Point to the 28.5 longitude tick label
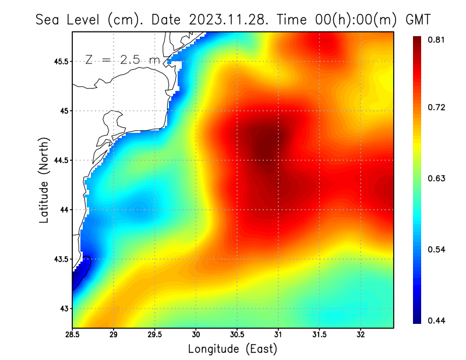[73, 334]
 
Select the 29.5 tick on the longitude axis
[155, 334]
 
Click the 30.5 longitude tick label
[237, 334]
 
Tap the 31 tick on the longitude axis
[278, 334]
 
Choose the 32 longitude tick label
[361, 334]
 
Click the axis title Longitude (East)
[232, 349]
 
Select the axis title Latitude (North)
[44, 180]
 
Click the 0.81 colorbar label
[437, 40]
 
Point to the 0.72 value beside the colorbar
[437, 107]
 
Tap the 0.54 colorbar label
[437, 249]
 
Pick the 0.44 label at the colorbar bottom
[437, 320]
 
